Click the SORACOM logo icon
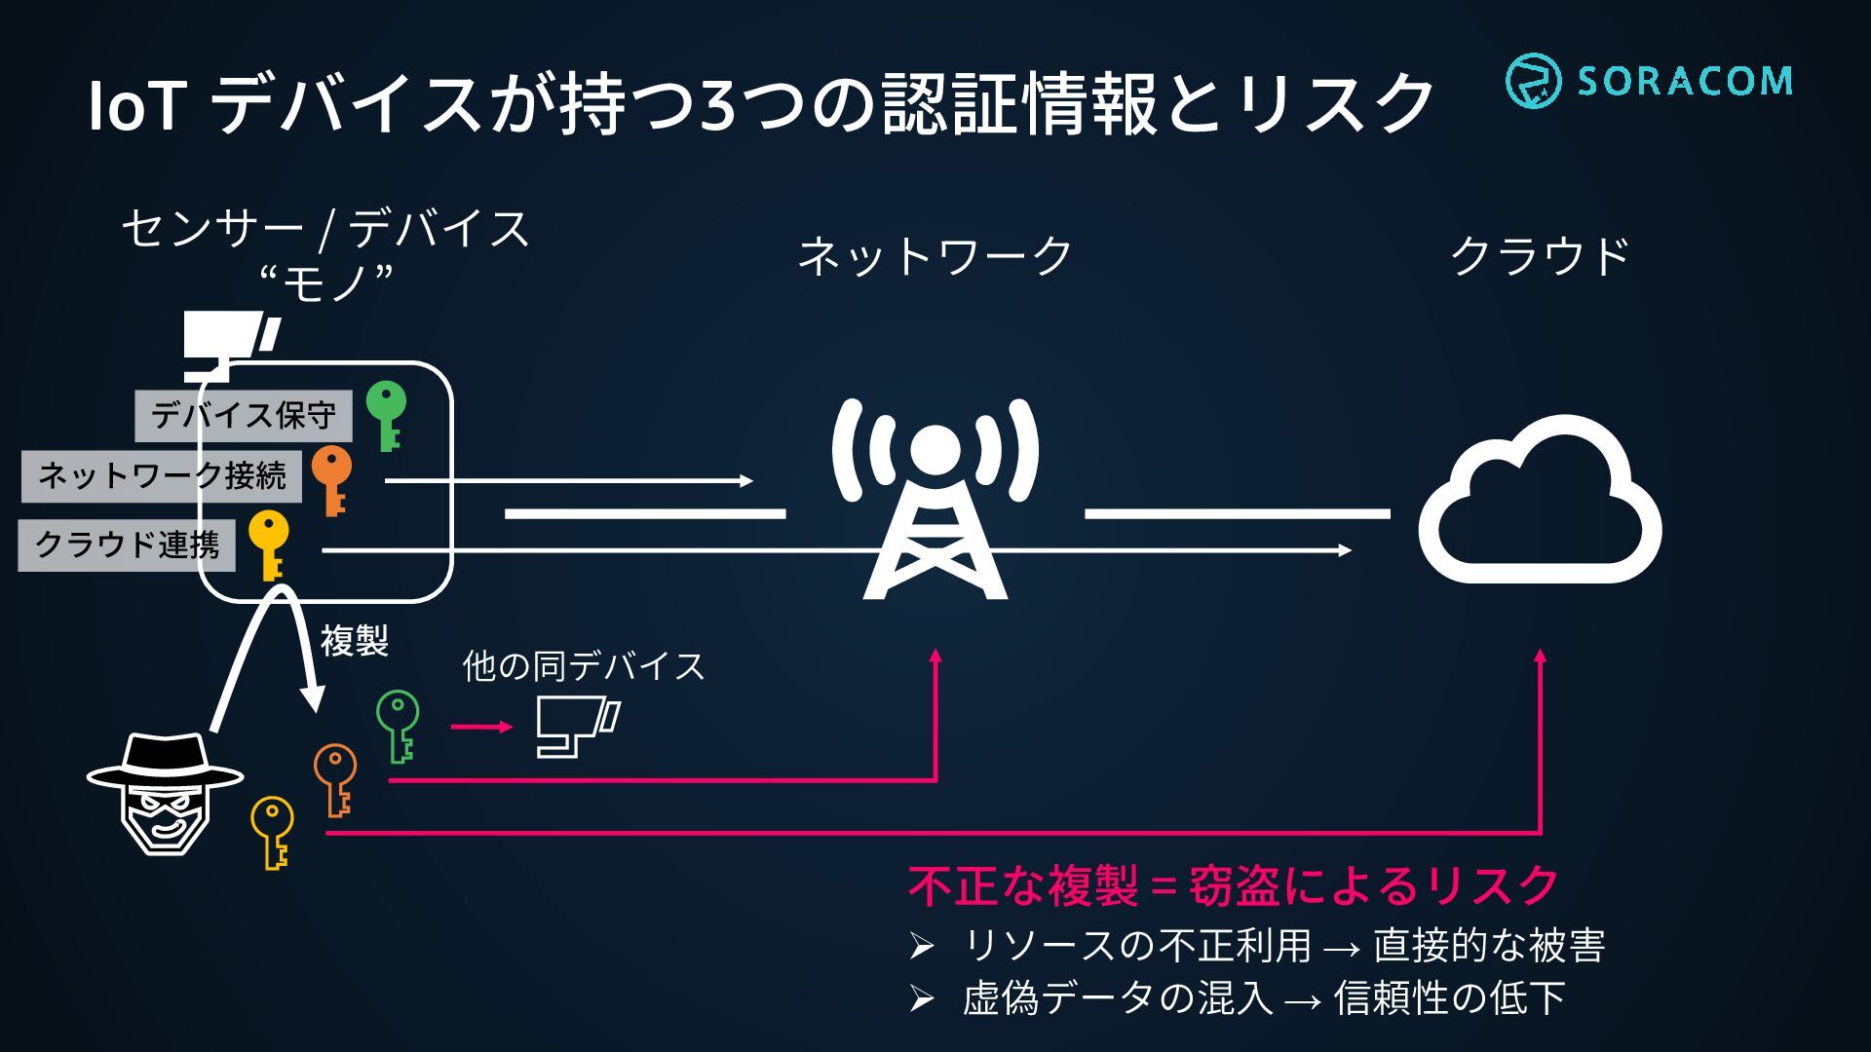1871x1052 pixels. click(1532, 81)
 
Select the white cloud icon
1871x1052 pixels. click(1540, 502)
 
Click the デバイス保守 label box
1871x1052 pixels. click(244, 416)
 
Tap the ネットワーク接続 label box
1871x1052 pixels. click(162, 476)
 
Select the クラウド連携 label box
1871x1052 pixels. click(127, 544)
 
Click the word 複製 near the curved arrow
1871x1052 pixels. click(355, 641)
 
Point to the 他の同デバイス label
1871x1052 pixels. click(583, 666)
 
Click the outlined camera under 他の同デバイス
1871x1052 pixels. click(577, 727)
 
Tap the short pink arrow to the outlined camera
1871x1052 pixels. click(481, 727)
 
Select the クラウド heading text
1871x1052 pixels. click(1540, 256)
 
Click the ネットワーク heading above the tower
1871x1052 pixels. click(935, 256)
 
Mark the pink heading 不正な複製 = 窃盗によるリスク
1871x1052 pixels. click(1233, 885)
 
